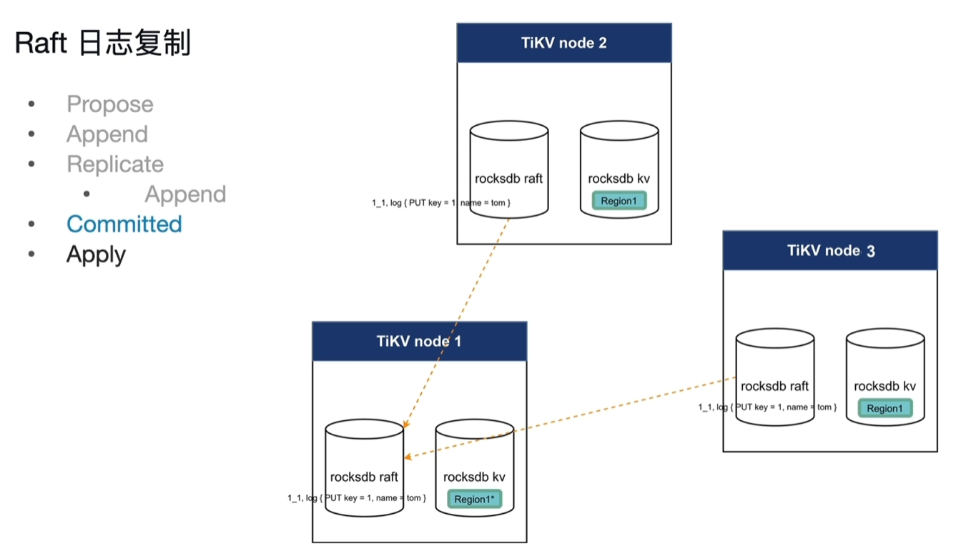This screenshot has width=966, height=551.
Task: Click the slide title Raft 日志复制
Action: [103, 44]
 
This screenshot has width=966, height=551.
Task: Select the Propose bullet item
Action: [109, 104]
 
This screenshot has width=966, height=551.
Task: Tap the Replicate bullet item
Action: [115, 164]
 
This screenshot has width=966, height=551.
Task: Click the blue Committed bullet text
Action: [124, 224]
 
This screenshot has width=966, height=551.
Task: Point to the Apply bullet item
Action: [96, 254]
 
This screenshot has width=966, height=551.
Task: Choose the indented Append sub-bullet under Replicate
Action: [185, 194]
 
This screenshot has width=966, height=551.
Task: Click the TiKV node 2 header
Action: [563, 43]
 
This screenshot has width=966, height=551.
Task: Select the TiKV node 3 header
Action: [829, 251]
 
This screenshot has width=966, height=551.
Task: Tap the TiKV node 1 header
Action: [419, 341]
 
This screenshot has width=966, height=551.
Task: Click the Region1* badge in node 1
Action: [475, 499]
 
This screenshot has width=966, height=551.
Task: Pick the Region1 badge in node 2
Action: [618, 201]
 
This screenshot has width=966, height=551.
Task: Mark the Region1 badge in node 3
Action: [884, 408]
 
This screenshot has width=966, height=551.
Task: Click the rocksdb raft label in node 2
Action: [509, 179]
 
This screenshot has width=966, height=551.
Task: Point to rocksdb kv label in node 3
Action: [884, 387]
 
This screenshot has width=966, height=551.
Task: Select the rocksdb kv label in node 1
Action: [474, 477]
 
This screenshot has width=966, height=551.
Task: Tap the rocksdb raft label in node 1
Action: [364, 477]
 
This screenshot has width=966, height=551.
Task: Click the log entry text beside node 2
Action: [441, 203]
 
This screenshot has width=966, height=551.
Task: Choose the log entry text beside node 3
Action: [767, 407]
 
